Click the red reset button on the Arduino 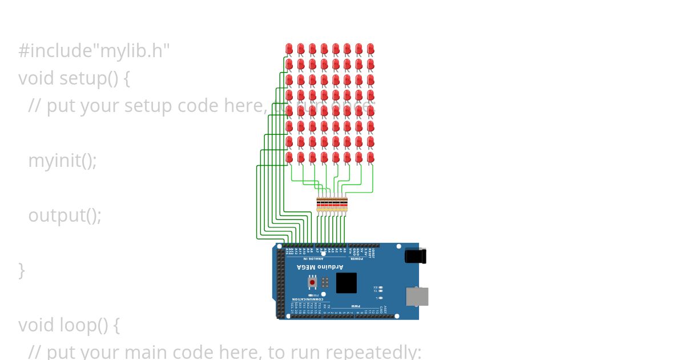(x=312, y=282)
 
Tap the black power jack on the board (x=415, y=255)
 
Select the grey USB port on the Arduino (x=417, y=297)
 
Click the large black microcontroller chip (x=346, y=283)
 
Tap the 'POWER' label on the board (x=356, y=259)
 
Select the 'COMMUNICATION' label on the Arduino (x=308, y=299)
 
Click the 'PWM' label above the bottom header (x=355, y=306)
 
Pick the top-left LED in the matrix (x=289, y=49)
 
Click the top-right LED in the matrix (x=370, y=49)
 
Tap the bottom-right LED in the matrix (x=370, y=157)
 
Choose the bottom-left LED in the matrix (x=289, y=157)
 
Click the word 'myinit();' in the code (x=62, y=161)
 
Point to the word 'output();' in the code (x=65, y=215)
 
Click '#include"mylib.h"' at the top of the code (x=94, y=51)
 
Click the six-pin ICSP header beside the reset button (x=325, y=282)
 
